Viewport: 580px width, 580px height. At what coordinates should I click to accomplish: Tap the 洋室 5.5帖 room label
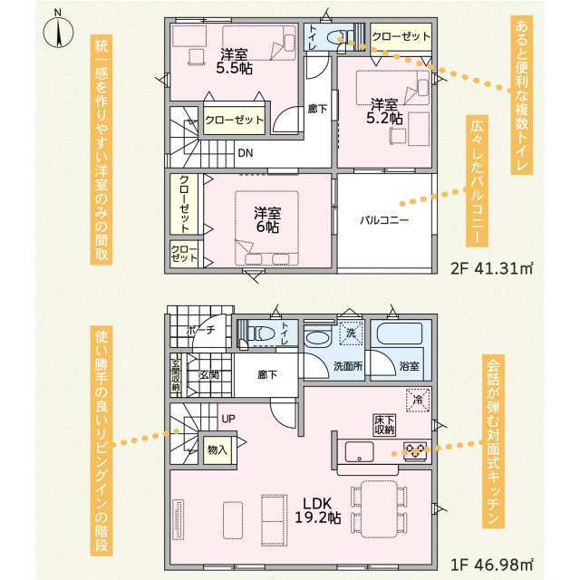tap(234, 62)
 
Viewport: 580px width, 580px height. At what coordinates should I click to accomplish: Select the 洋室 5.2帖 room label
tap(384, 111)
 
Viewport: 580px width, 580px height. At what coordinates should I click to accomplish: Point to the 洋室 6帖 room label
tap(267, 219)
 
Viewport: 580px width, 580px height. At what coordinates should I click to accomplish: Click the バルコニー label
tap(384, 220)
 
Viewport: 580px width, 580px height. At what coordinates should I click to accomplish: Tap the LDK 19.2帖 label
tap(318, 510)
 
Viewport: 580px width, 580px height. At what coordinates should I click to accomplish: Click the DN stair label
tap(246, 153)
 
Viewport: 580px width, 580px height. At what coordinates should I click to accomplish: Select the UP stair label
tap(228, 419)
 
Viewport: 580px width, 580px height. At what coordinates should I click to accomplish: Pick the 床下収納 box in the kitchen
tap(384, 425)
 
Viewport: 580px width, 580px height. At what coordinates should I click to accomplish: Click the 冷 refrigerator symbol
tap(418, 400)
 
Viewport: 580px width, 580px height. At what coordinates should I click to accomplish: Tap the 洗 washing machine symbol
tap(351, 333)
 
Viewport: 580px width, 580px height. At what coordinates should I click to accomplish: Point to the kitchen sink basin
tap(359, 451)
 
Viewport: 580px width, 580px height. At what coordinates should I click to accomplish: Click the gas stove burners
tap(415, 450)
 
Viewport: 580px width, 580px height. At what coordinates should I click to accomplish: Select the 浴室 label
tap(410, 366)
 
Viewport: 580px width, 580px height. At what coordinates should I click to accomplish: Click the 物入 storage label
tap(217, 450)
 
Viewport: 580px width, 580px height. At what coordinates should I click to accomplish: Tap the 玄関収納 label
tap(176, 375)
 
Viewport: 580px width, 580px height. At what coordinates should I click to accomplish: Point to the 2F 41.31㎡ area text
tap(491, 268)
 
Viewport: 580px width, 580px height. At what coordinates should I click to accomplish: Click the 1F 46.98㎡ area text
tap(491, 565)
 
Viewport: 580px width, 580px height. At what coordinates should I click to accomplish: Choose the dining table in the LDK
tap(379, 509)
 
